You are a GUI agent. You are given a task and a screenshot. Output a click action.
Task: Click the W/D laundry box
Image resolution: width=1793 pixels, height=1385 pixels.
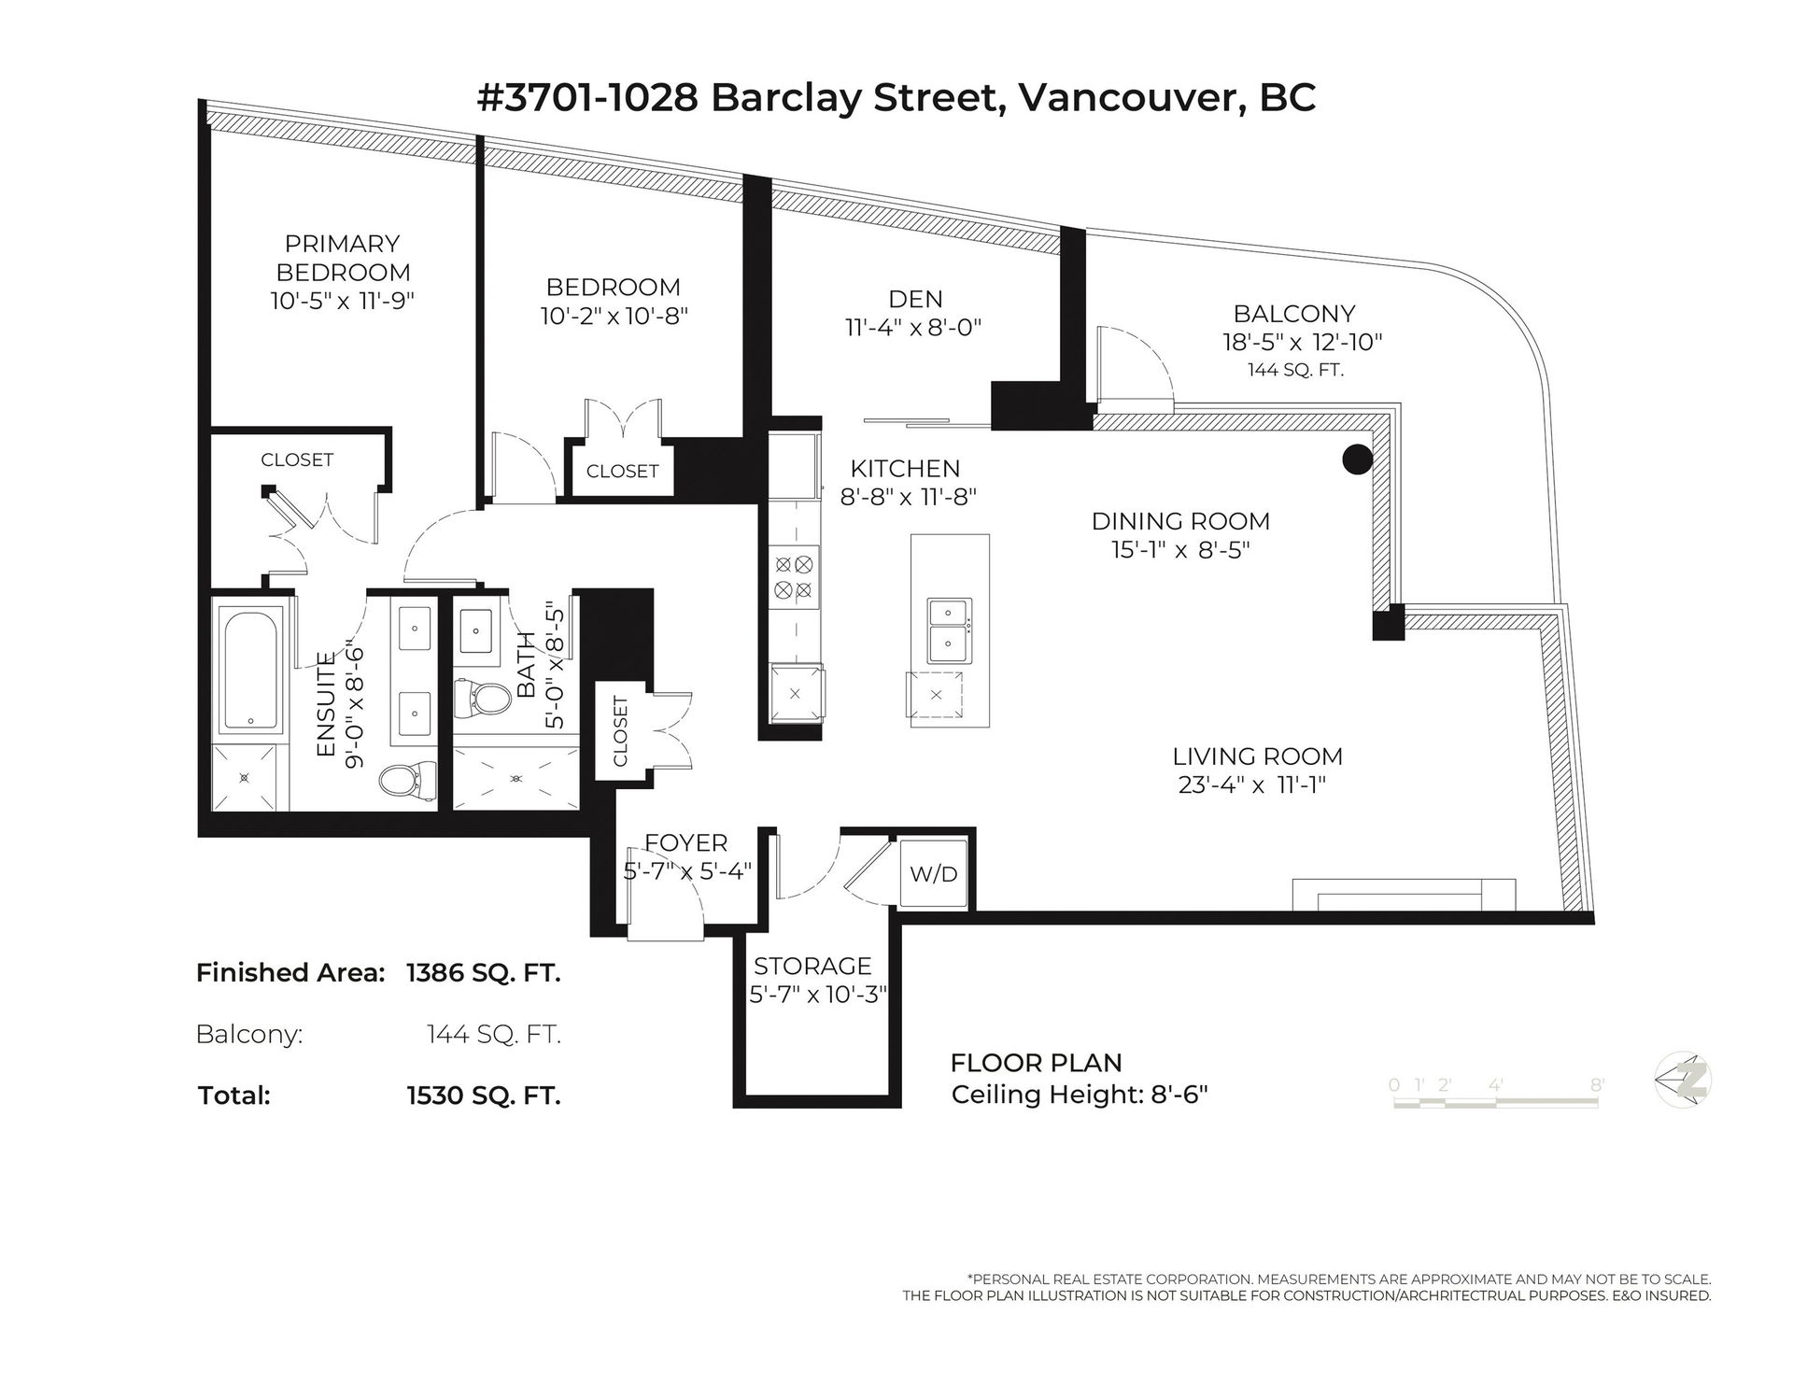934,874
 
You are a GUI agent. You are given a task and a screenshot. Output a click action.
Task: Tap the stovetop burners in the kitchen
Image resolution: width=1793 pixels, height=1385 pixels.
794,576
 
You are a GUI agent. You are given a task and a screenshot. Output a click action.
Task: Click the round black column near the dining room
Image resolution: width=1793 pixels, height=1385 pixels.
1357,459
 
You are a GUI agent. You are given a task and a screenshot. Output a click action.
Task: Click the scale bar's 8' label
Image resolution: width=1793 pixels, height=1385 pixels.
1598,1084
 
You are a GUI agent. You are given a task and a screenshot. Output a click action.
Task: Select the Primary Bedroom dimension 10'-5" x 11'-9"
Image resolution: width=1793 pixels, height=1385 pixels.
343,301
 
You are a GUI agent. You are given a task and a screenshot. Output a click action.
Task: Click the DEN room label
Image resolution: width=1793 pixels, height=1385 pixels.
915,299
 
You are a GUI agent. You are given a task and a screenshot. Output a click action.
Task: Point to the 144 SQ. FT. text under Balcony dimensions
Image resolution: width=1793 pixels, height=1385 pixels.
1295,370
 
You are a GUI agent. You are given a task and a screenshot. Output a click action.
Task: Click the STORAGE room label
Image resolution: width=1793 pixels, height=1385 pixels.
812,966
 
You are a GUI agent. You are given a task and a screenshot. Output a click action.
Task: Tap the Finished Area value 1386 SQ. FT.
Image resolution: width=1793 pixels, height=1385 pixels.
484,973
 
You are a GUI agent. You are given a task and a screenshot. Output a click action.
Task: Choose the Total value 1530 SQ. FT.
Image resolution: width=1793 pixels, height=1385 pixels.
484,1095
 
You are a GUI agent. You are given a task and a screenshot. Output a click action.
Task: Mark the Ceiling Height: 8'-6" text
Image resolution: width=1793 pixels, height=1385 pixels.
1080,1094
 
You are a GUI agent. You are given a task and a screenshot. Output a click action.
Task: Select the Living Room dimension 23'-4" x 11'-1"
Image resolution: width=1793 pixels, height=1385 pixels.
1252,784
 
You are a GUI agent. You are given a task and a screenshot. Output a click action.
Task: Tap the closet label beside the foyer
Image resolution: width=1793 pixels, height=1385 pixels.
621,731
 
